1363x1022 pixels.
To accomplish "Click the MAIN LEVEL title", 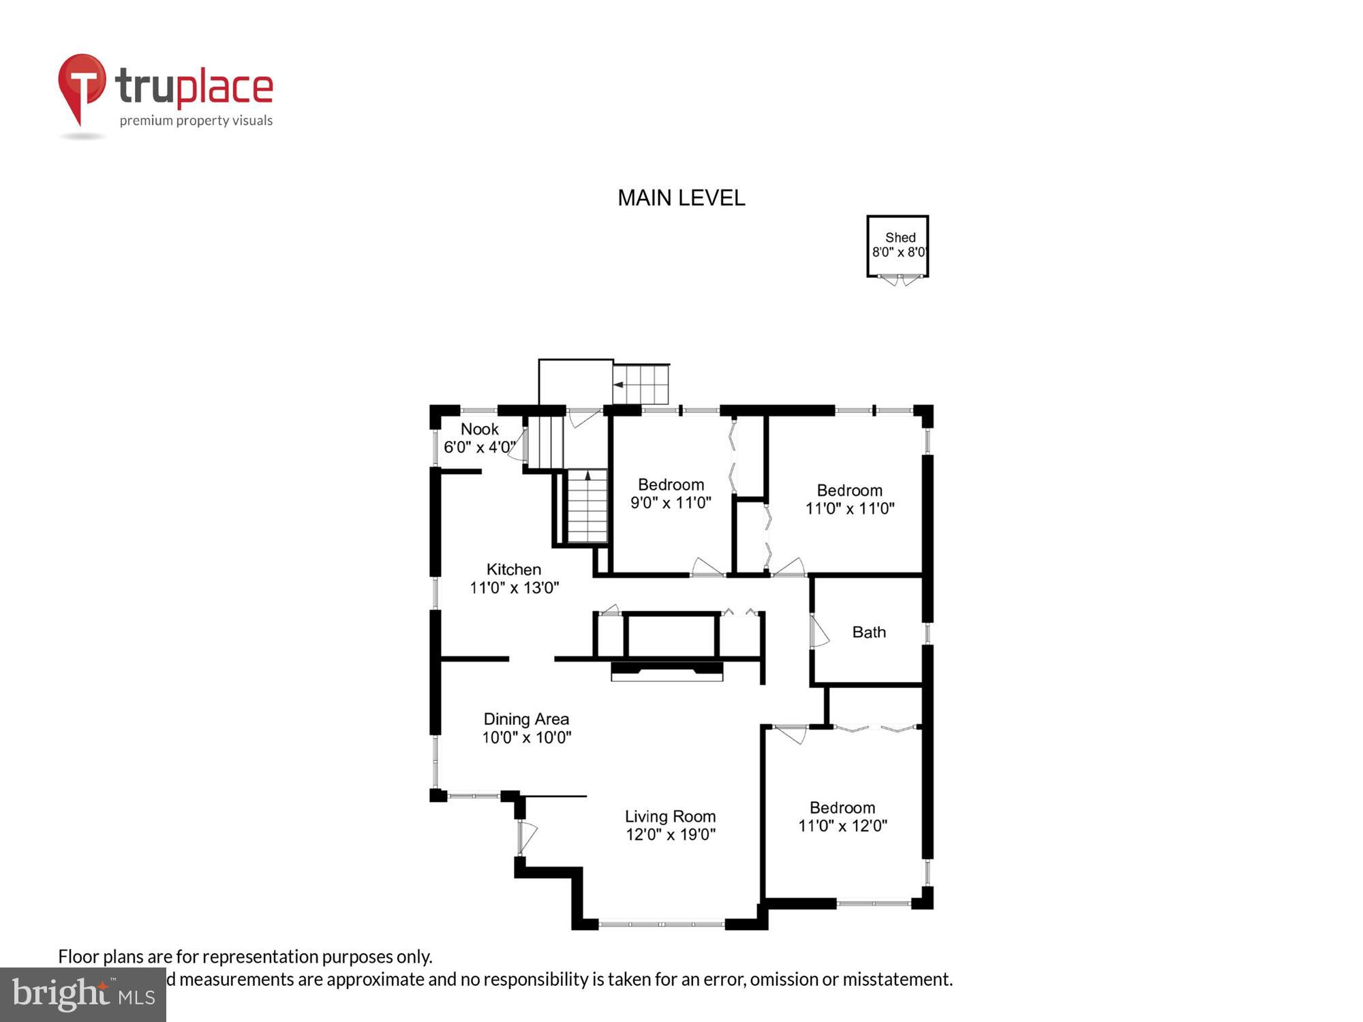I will click(x=681, y=198).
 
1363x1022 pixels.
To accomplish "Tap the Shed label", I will click(x=900, y=238).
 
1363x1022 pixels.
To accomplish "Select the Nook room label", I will click(x=479, y=429).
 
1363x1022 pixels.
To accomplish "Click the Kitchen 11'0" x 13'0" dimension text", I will click(x=514, y=588).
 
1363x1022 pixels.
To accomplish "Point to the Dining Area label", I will click(x=526, y=719).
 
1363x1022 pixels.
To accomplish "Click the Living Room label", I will click(x=670, y=816).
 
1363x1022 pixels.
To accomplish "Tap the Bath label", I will click(x=869, y=632).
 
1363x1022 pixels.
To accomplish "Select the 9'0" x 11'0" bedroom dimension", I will click(x=671, y=503).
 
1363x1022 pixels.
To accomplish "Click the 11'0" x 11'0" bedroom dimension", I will click(x=849, y=508).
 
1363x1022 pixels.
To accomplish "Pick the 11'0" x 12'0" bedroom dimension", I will click(x=842, y=826).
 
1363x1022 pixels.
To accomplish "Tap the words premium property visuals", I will click(x=196, y=121).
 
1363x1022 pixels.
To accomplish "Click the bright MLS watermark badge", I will click(x=83, y=995).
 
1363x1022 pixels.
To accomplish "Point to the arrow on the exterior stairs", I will click(x=618, y=385).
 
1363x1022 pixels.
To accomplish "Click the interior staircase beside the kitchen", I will click(x=587, y=507).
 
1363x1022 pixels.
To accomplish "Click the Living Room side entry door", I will click(x=526, y=837).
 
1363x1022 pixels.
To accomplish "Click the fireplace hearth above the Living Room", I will click(x=667, y=672).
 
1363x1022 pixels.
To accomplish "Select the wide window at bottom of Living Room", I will click(x=661, y=925).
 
